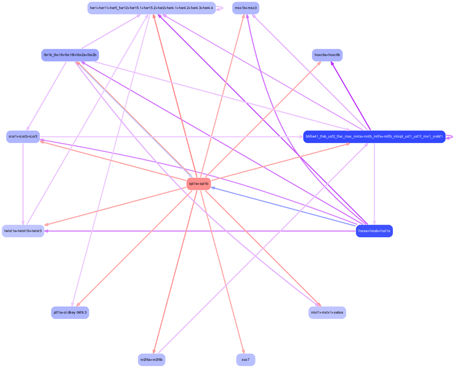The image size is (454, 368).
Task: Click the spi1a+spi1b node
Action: pos(199,184)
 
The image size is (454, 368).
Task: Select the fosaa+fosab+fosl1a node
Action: pos(374,231)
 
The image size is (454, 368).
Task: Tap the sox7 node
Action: pos(246,360)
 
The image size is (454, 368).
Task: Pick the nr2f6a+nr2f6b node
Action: pos(151,360)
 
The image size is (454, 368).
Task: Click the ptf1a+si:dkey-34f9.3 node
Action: pos(70,313)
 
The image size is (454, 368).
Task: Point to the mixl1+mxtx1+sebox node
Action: pos(327,313)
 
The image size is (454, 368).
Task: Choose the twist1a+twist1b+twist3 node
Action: pos(23,231)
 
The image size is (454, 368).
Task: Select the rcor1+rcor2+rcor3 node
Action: pos(23,136)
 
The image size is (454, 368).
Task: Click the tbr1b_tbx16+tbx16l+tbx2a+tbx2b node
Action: pos(70,55)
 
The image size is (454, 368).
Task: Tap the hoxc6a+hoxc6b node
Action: pos(327,55)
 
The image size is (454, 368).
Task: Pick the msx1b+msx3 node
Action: pos(246,8)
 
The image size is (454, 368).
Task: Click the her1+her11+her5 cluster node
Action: pos(151,8)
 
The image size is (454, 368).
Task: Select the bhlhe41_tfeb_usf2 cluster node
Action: pos(374,136)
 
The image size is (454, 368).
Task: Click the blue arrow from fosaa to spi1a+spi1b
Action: pos(283,207)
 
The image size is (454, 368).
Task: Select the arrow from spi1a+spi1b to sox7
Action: pos(222,272)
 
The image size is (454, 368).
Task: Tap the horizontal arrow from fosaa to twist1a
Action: pos(200,231)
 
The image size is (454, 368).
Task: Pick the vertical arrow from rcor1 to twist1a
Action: pos(23,184)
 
